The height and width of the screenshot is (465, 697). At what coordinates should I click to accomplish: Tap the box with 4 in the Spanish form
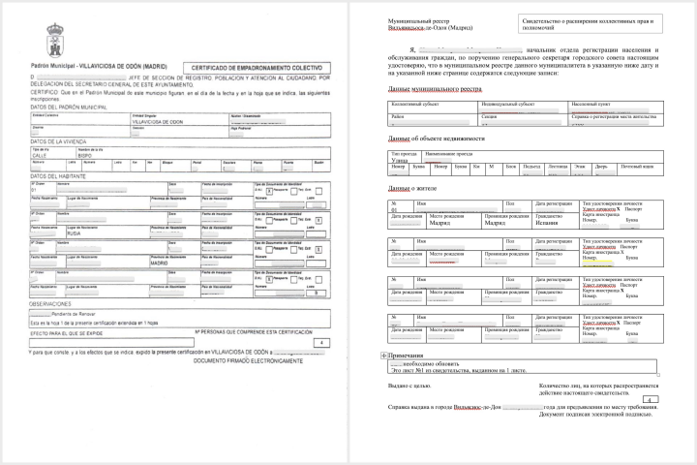click(x=318, y=343)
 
